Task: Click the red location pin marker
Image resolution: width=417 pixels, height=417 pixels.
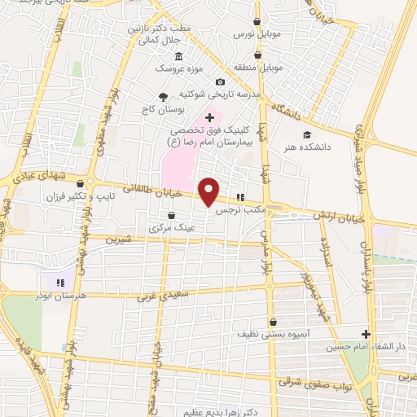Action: tap(209, 191)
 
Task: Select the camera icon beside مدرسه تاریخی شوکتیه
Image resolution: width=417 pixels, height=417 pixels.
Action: tap(220, 82)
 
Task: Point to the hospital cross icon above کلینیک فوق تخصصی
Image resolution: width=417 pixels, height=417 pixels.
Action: tap(210, 118)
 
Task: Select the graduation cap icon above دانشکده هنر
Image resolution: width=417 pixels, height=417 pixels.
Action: tap(306, 135)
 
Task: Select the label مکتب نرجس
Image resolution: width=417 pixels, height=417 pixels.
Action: tap(237, 209)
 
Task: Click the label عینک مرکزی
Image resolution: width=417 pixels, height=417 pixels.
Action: tap(169, 229)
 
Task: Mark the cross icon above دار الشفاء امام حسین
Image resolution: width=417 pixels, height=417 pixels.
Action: tap(367, 334)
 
